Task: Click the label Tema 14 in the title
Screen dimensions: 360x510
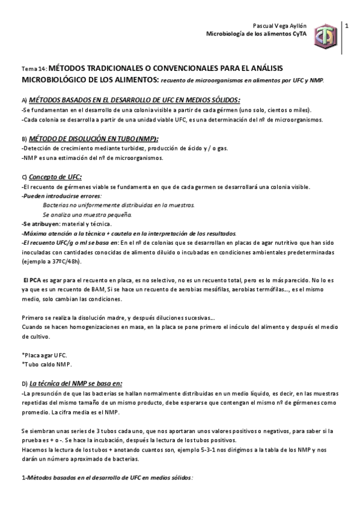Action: [34, 69]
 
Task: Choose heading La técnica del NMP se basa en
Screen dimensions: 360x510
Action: [76, 383]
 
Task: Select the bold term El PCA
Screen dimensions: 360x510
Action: [31, 280]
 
